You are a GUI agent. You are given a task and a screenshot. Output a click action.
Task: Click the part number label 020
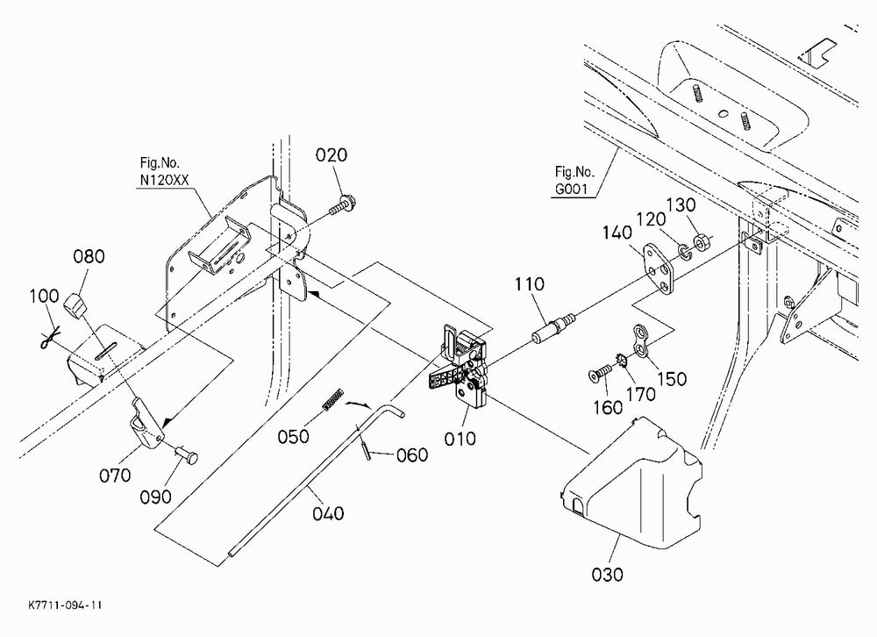point(332,155)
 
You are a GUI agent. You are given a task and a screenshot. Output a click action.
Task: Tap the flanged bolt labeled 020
point(342,206)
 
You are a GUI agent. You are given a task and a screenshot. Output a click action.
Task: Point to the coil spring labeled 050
point(332,398)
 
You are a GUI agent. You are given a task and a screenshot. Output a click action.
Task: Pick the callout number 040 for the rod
point(328,513)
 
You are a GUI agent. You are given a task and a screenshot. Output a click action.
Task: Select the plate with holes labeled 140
point(659,269)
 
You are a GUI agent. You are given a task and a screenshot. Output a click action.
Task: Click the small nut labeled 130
point(701,243)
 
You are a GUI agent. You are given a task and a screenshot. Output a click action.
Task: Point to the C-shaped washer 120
point(685,251)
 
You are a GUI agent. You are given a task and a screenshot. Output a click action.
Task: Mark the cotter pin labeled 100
point(50,338)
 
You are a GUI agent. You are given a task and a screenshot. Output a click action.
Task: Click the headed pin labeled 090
point(187,454)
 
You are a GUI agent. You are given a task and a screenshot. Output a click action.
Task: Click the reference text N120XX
point(165,180)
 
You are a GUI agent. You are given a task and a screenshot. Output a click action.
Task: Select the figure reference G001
point(571,190)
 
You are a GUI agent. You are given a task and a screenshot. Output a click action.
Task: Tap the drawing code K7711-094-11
point(65,605)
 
